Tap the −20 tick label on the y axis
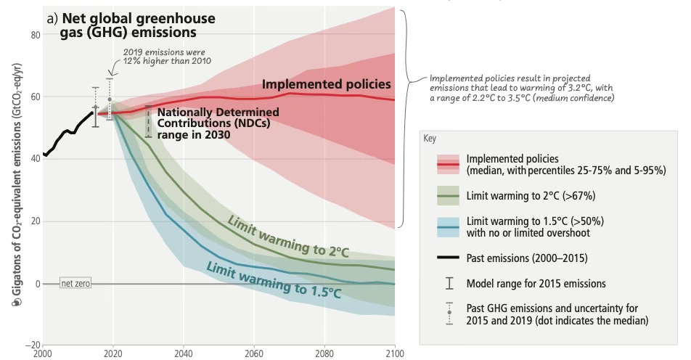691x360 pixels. click(32, 345)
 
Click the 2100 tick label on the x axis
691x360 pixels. click(395, 353)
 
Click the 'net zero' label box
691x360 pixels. click(75, 284)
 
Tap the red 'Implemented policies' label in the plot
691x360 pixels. click(326, 85)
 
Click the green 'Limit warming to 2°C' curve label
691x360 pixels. click(288, 236)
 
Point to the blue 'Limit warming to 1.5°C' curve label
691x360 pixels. click(274, 279)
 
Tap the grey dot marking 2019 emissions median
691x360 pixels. click(110, 99)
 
